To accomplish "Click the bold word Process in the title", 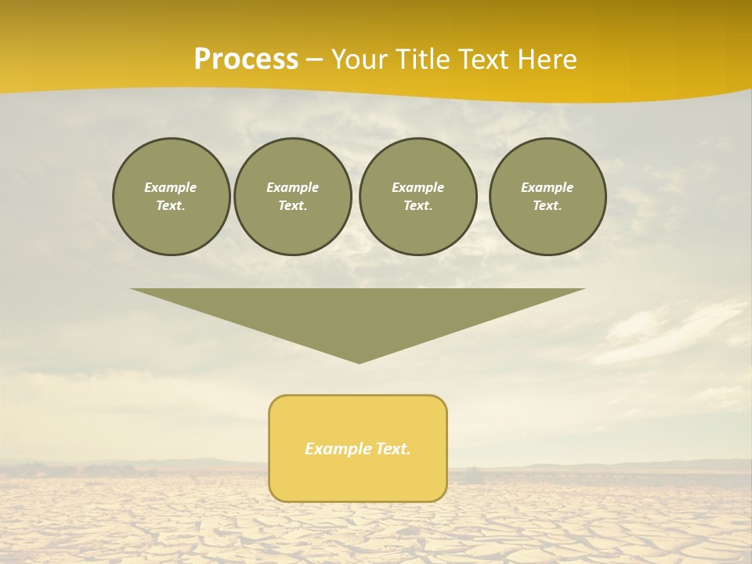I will [x=246, y=60].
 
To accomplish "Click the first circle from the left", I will [x=172, y=197].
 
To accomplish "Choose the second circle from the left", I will [x=293, y=197].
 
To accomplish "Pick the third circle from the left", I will [x=418, y=197].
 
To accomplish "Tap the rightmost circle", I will [x=548, y=197].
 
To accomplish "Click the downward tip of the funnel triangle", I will [x=360, y=361].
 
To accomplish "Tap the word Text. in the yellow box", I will [x=392, y=449].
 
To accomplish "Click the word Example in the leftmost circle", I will [x=171, y=187].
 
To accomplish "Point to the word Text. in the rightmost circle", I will [x=548, y=205].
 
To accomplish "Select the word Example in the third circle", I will [x=418, y=187].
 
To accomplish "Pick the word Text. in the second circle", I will [x=293, y=205].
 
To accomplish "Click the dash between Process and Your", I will [x=314, y=60].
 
